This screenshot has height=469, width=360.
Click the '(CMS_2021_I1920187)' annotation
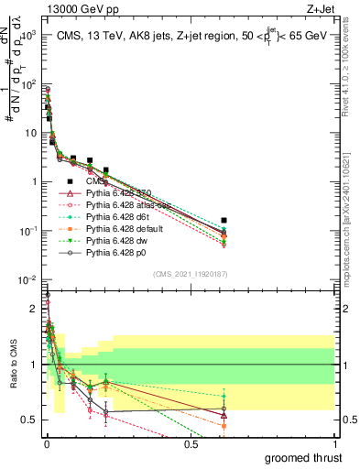(190, 273)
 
